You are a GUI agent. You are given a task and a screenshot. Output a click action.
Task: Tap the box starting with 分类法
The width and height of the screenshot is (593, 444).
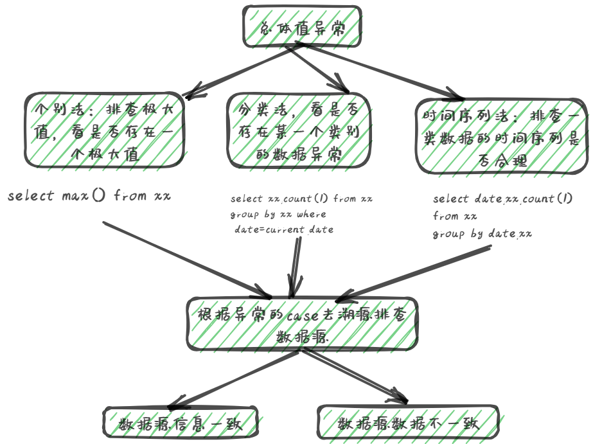coord(294,131)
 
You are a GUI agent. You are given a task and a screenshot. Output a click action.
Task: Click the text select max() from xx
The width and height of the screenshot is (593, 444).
coord(89,196)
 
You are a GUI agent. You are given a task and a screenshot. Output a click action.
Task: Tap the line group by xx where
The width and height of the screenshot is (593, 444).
coord(278,214)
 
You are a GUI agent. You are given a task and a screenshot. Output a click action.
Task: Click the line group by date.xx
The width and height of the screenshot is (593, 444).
coord(482,233)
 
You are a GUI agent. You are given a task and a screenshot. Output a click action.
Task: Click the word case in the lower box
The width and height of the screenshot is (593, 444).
coord(302,316)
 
